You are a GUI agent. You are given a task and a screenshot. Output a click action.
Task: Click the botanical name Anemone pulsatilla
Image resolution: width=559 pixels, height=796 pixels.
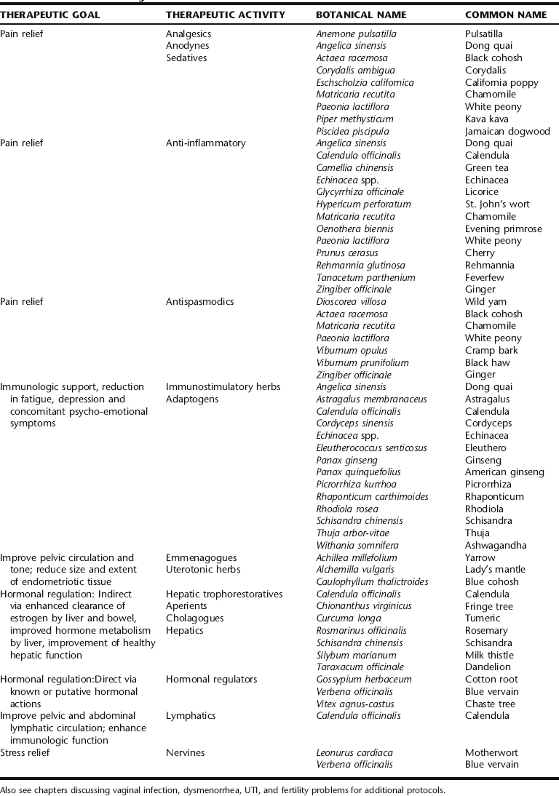(x=356, y=33)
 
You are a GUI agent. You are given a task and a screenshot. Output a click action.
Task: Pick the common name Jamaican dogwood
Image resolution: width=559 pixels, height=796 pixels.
(x=507, y=131)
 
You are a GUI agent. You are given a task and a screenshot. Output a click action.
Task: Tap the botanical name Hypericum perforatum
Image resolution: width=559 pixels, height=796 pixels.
(x=363, y=204)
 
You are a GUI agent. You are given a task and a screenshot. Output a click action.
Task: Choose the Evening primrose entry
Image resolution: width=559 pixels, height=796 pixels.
(x=503, y=228)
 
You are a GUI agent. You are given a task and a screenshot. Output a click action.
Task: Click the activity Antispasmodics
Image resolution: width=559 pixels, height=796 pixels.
(x=200, y=302)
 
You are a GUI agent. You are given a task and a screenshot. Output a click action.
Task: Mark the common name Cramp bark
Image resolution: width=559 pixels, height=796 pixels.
(x=491, y=351)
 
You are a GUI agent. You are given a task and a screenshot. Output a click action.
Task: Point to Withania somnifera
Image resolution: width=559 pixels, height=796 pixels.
(x=357, y=546)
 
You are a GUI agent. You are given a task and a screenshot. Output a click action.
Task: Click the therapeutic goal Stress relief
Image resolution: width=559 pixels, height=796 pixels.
(x=26, y=752)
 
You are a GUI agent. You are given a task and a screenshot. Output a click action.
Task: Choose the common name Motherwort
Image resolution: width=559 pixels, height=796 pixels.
(x=491, y=752)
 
